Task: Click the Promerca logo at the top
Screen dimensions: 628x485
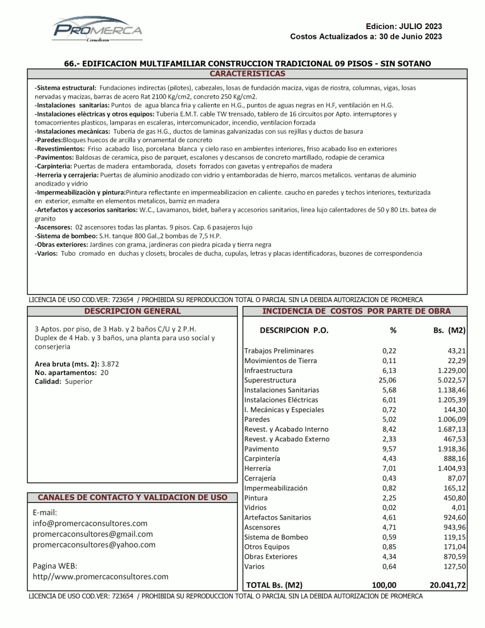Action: pyautogui.click(x=98, y=29)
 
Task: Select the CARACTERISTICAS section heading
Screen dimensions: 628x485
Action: pyautogui.click(x=247, y=74)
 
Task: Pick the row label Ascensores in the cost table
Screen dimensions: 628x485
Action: pyautogui.click(x=262, y=527)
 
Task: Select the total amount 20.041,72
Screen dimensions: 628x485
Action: pyautogui.click(x=447, y=585)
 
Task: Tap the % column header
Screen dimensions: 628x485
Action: pyautogui.click(x=393, y=331)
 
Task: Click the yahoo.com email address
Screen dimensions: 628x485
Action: pyautogui.click(x=94, y=545)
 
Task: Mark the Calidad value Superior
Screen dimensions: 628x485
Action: pyautogui.click(x=78, y=381)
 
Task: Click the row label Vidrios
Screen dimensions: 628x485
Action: pyautogui.click(x=255, y=508)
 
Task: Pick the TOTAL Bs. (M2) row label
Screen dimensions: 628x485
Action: pyautogui.click(x=274, y=585)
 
